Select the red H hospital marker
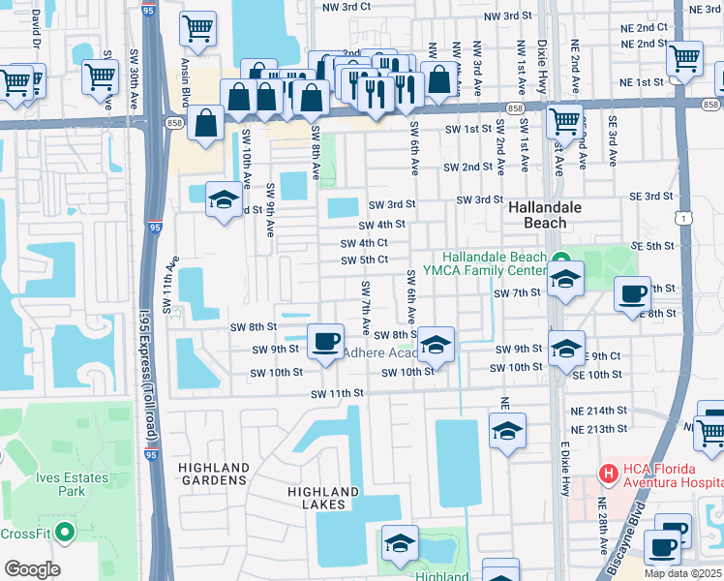pos(608,474)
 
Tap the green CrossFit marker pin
pos(65,532)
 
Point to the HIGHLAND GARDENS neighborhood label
pos(213,474)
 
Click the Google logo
pos(32,569)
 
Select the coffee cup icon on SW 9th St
pos(325,340)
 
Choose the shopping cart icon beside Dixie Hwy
pos(563,121)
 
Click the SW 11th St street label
pos(337,394)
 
